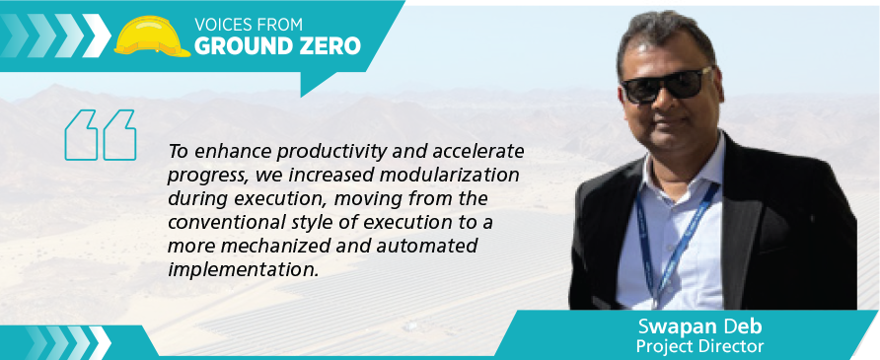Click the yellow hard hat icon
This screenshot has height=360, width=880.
[x=152, y=36]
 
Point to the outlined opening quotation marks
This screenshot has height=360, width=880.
[x=101, y=135]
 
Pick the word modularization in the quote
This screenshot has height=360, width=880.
[x=449, y=175]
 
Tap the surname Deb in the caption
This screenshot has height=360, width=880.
[x=728, y=325]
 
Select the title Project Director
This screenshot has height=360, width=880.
[x=699, y=345]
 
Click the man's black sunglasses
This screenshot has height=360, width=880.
[x=667, y=86]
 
